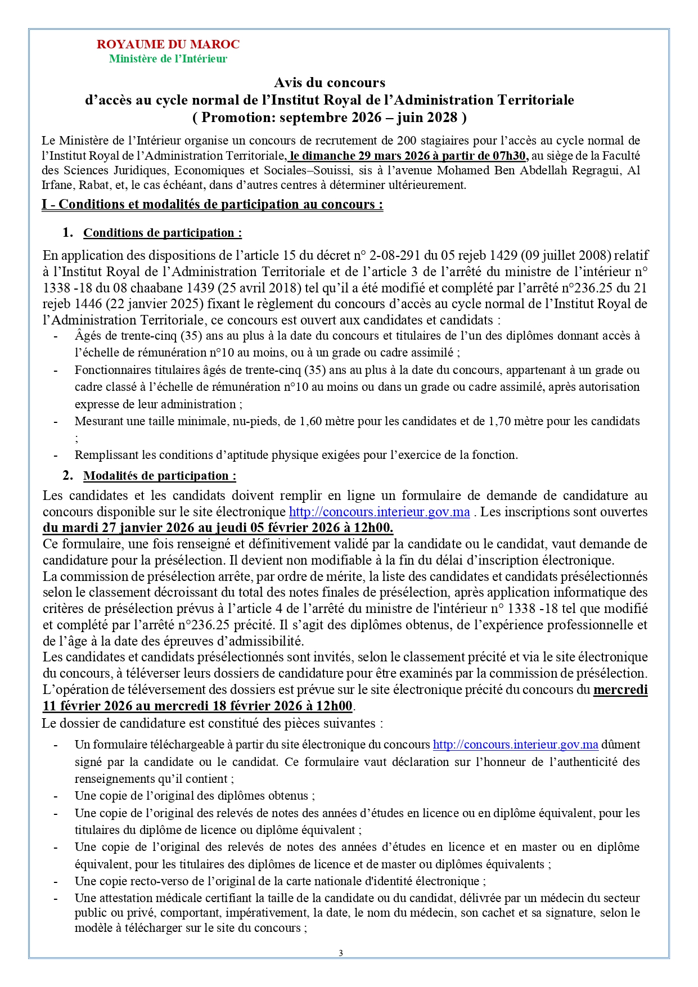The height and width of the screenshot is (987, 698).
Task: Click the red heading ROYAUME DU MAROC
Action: point(168,44)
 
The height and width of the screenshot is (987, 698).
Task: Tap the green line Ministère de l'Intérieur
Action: point(168,59)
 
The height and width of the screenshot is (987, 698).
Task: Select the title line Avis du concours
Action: point(330,83)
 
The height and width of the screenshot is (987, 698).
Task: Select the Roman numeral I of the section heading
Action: point(44,204)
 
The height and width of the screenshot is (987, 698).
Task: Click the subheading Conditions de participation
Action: point(163,233)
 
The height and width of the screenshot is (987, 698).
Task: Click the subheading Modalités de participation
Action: point(160,476)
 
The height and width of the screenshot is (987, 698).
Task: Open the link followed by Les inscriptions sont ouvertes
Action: point(379,512)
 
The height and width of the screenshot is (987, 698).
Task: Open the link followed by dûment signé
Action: point(515,745)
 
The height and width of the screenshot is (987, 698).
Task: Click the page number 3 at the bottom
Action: point(341,953)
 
